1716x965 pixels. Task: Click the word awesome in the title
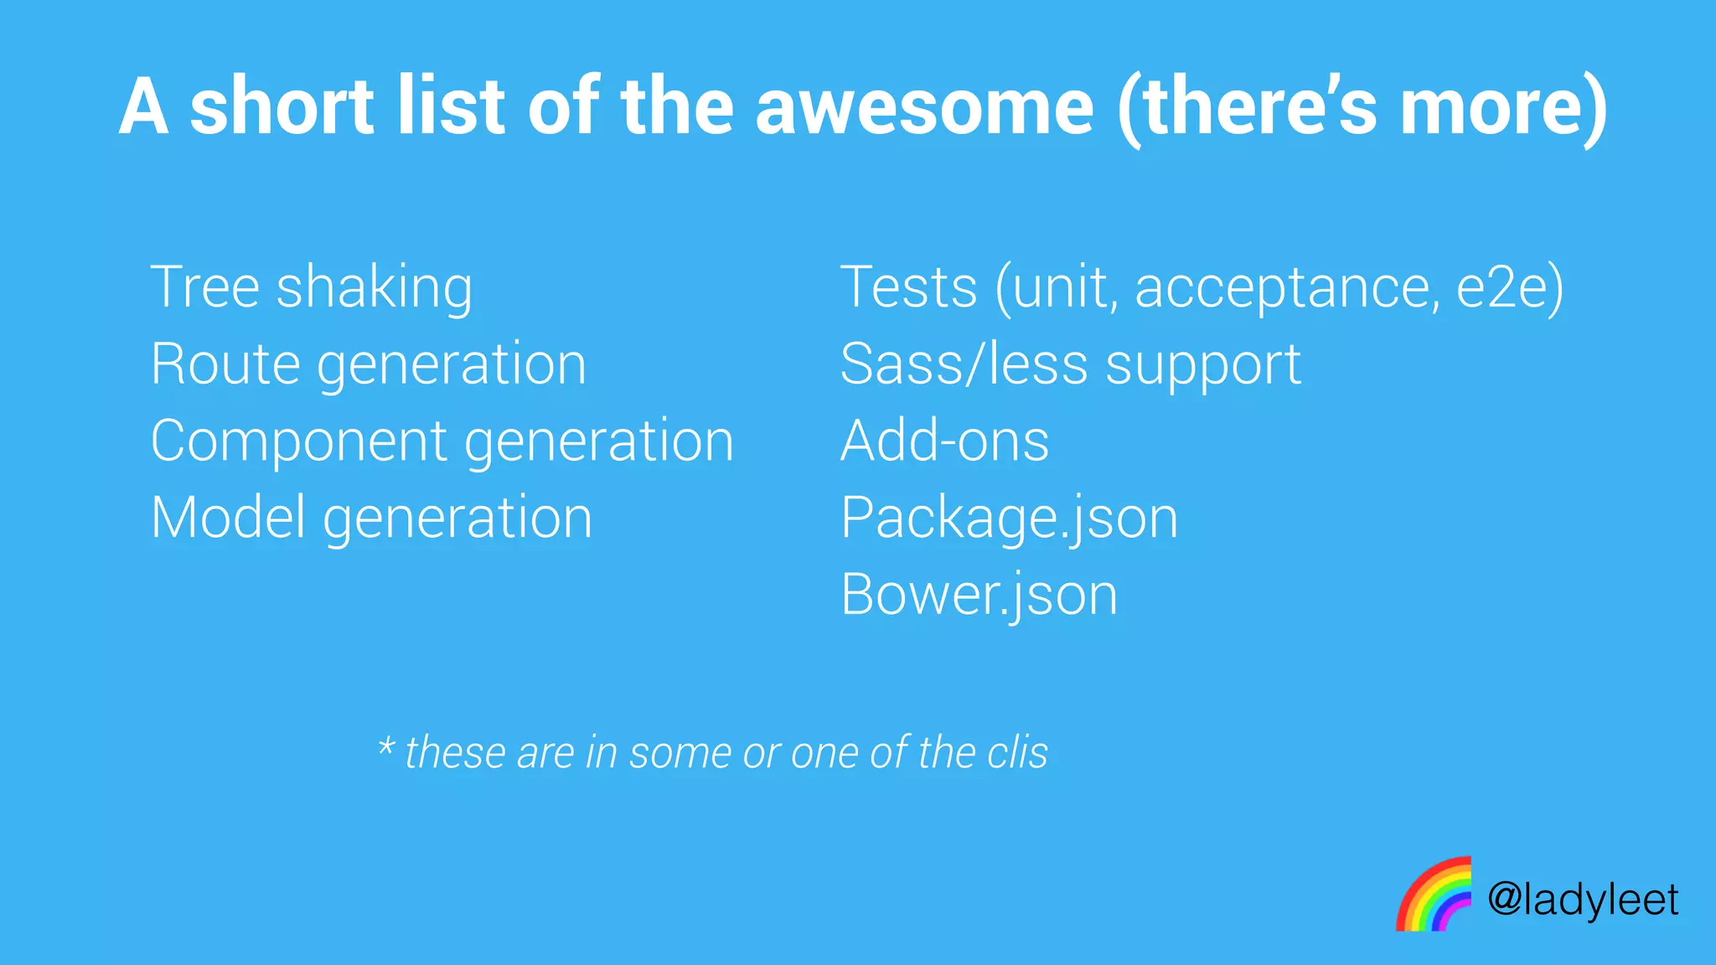point(924,107)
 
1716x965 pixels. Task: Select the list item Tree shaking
point(311,287)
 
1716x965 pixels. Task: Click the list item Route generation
point(369,365)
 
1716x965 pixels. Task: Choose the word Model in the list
point(228,518)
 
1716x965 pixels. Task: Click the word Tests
point(908,287)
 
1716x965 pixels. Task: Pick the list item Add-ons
point(944,441)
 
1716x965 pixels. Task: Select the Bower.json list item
point(979,596)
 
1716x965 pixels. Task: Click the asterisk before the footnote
point(385,745)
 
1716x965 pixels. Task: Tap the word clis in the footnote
point(1017,752)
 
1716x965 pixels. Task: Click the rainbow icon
point(1434,894)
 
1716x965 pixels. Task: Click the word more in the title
point(1492,107)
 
